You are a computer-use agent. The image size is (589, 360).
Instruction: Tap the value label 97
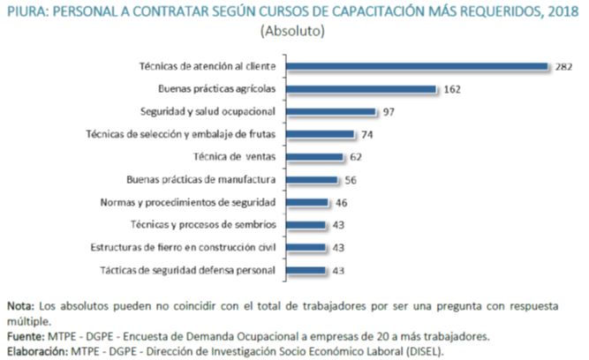click(389, 112)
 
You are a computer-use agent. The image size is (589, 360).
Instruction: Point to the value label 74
click(366, 135)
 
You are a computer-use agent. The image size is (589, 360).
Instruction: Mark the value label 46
click(341, 202)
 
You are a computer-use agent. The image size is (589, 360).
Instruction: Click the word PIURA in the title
click(28, 11)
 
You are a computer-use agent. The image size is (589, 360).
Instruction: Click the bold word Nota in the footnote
click(21, 306)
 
